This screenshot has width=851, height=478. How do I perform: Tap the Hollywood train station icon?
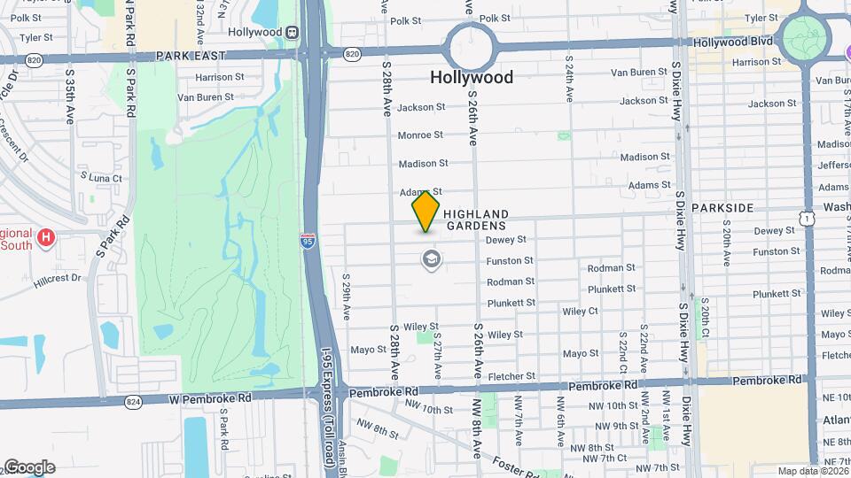coord(291,32)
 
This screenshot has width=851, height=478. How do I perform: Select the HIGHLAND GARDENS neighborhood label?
coord(476,220)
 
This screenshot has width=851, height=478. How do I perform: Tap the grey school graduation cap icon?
coord(432,259)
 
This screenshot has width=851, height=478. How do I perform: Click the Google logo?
coord(28,467)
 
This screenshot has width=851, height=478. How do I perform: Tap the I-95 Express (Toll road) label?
coord(328,417)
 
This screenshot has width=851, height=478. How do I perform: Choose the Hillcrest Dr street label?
coord(58,278)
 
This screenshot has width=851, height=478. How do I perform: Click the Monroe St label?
coord(420,135)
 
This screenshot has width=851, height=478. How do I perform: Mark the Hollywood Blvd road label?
coord(734,42)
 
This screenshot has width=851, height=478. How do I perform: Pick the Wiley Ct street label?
coord(580,311)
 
